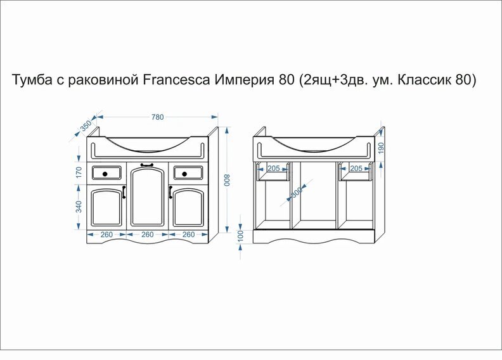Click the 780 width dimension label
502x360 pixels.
pyautogui.click(x=158, y=117)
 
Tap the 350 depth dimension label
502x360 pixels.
pyautogui.click(x=86, y=125)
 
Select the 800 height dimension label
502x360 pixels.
pyautogui.click(x=227, y=180)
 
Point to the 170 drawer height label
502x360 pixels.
pyautogui.click(x=79, y=172)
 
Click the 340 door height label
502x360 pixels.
pyautogui.click(x=79, y=207)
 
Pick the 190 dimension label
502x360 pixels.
pyautogui.click(x=381, y=148)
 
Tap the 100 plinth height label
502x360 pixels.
pyautogui.click(x=241, y=236)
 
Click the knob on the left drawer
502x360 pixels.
pyautogui.click(x=105, y=174)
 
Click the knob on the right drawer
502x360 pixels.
pyautogui.click(x=184, y=174)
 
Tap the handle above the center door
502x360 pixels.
pyautogui.click(x=147, y=165)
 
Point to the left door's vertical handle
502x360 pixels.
pyautogui.click(x=124, y=192)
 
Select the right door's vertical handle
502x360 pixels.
pyautogui.click(x=171, y=192)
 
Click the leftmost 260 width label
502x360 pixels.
pyautogui.click(x=106, y=235)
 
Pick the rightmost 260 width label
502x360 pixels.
pyautogui.click(x=189, y=235)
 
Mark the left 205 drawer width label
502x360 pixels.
pyautogui.click(x=273, y=169)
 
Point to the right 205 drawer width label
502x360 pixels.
pyautogui.click(x=356, y=169)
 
